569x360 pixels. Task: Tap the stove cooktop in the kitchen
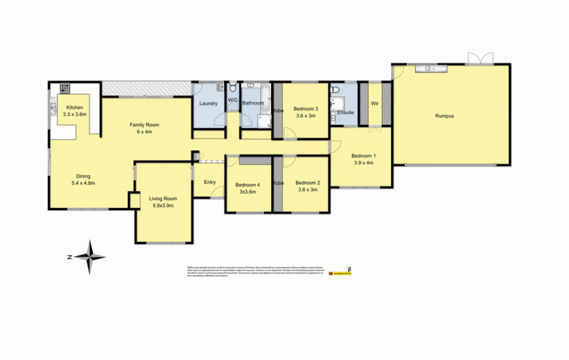(64, 89)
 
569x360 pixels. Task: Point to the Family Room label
(144, 125)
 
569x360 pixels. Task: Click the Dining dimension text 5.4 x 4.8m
(83, 183)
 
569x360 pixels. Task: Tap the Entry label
(209, 182)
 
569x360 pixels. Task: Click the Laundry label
(209, 103)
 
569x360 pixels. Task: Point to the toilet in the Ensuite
(335, 90)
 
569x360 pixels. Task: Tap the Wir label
(375, 103)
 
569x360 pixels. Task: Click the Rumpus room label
(444, 116)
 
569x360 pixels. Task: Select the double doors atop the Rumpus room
(479, 58)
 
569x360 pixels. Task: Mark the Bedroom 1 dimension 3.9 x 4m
(364, 163)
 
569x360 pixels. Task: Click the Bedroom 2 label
(308, 183)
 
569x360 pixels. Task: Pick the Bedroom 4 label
(247, 185)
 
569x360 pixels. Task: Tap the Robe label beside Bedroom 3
(277, 110)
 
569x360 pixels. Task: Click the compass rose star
(90, 257)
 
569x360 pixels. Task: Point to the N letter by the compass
(70, 257)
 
